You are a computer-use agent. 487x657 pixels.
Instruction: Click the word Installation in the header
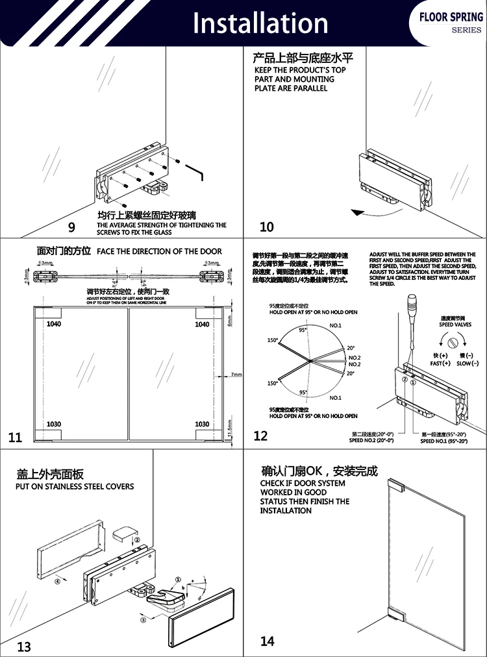(x=260, y=23)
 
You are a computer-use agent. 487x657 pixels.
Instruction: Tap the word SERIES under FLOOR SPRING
(x=467, y=30)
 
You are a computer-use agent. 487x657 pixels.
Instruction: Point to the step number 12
(x=260, y=436)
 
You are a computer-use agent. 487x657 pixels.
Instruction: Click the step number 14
(x=267, y=641)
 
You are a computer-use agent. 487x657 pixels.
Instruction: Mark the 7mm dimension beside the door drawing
(x=236, y=375)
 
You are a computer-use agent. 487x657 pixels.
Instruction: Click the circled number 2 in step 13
(x=136, y=540)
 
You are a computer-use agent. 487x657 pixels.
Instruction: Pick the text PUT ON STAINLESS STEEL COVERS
(x=75, y=486)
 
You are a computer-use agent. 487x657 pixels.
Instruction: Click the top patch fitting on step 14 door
(x=395, y=485)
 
